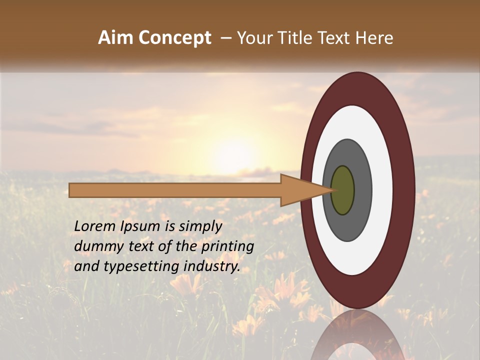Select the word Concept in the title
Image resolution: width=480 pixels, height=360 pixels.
point(174,38)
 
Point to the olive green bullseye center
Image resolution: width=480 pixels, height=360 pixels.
point(343,190)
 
